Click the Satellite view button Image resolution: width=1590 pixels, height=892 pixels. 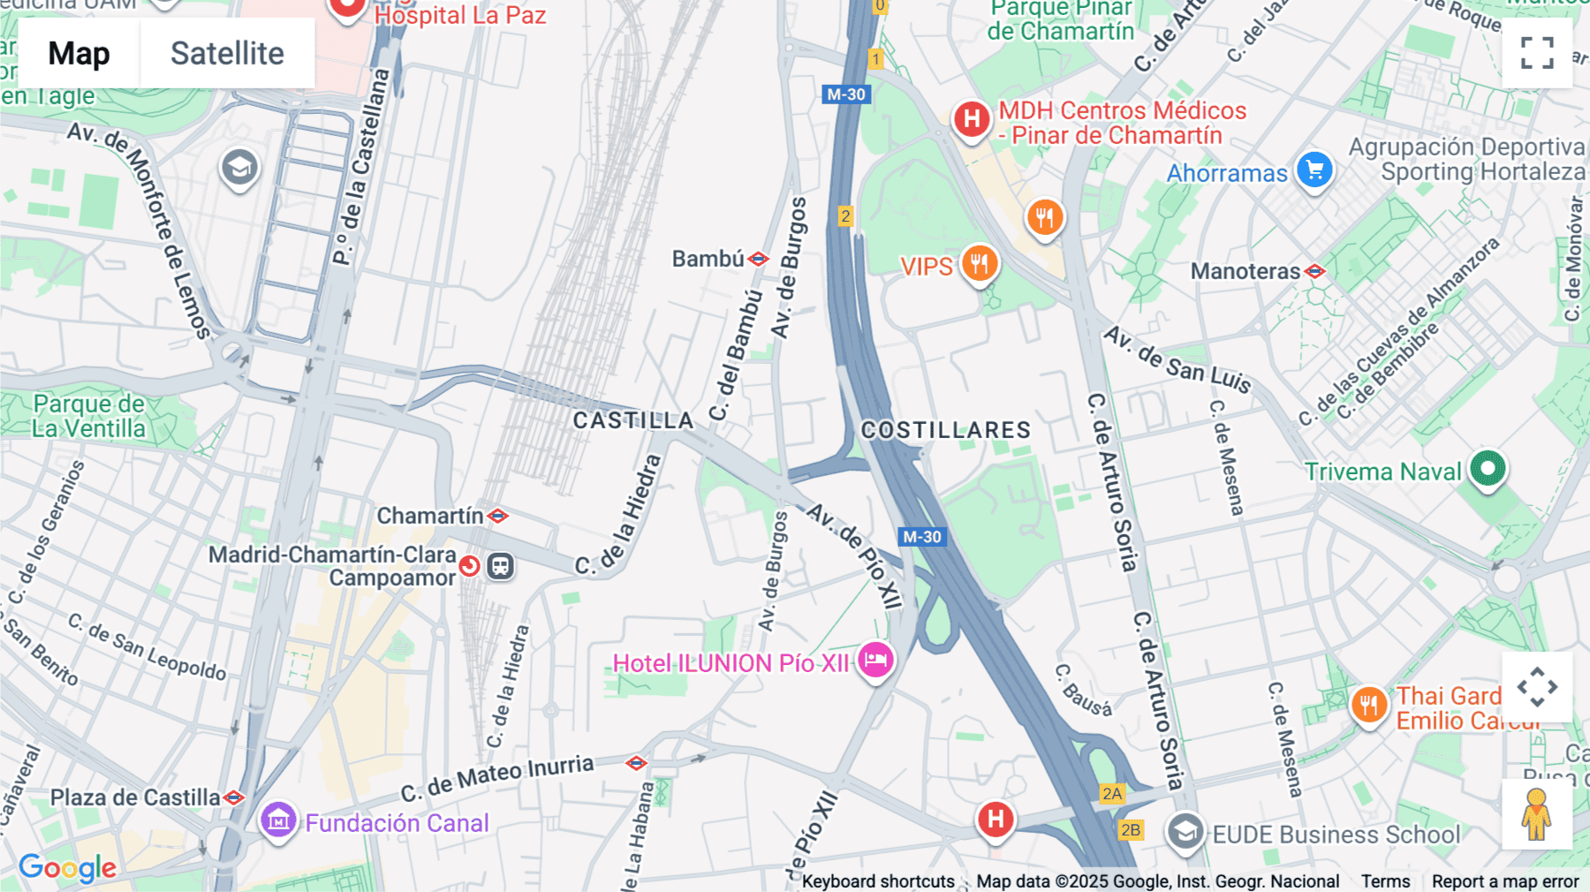point(227,53)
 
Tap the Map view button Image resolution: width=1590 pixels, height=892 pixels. point(79,53)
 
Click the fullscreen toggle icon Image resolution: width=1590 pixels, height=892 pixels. point(1537,53)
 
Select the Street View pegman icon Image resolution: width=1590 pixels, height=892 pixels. point(1536,814)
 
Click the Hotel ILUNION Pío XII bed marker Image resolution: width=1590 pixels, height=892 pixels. point(875,660)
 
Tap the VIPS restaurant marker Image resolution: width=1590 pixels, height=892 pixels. point(979,263)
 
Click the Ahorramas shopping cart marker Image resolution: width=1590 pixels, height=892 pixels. point(1314,170)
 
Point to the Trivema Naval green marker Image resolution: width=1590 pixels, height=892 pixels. point(1488,469)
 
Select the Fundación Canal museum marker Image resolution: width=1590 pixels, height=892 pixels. point(278,820)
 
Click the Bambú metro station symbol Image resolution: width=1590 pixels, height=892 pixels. point(758,259)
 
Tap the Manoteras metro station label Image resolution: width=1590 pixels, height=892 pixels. point(1245,271)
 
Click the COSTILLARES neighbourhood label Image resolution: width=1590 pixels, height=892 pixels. point(946,430)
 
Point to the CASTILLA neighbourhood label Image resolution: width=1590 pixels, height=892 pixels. point(632,420)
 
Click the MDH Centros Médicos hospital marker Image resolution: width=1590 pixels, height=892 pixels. point(971,118)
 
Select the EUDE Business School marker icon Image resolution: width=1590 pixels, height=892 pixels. point(1185,831)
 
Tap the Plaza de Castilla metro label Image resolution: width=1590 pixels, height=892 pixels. point(135,798)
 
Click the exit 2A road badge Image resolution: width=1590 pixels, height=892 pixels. point(1111,793)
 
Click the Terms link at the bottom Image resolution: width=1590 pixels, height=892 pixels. point(1385,881)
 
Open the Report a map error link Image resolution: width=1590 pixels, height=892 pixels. point(1505,881)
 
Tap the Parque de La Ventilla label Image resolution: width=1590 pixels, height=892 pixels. point(88,416)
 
